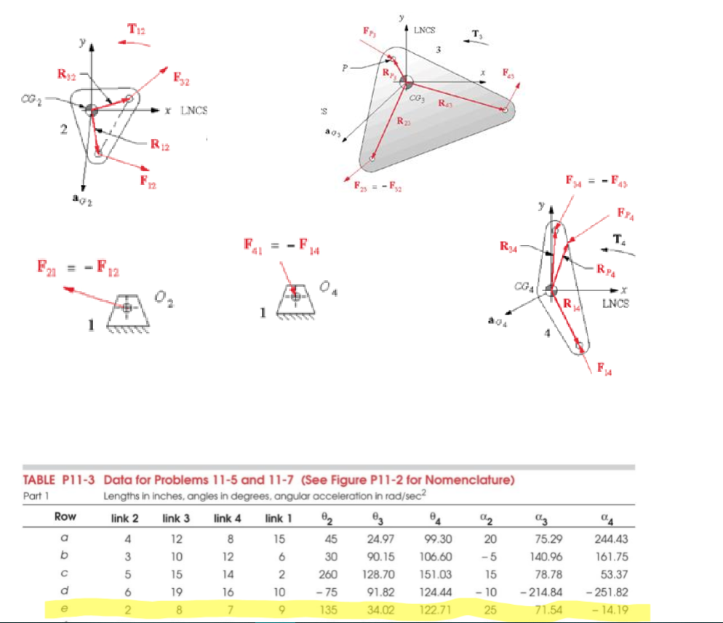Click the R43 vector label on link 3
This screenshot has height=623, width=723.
coord(448,104)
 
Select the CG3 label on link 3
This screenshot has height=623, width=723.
coord(417,97)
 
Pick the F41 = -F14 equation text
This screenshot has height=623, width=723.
coord(281,248)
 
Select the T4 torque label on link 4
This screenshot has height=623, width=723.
coord(619,238)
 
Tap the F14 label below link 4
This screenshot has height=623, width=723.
coord(604,370)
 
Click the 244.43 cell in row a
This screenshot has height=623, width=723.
coord(610,539)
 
